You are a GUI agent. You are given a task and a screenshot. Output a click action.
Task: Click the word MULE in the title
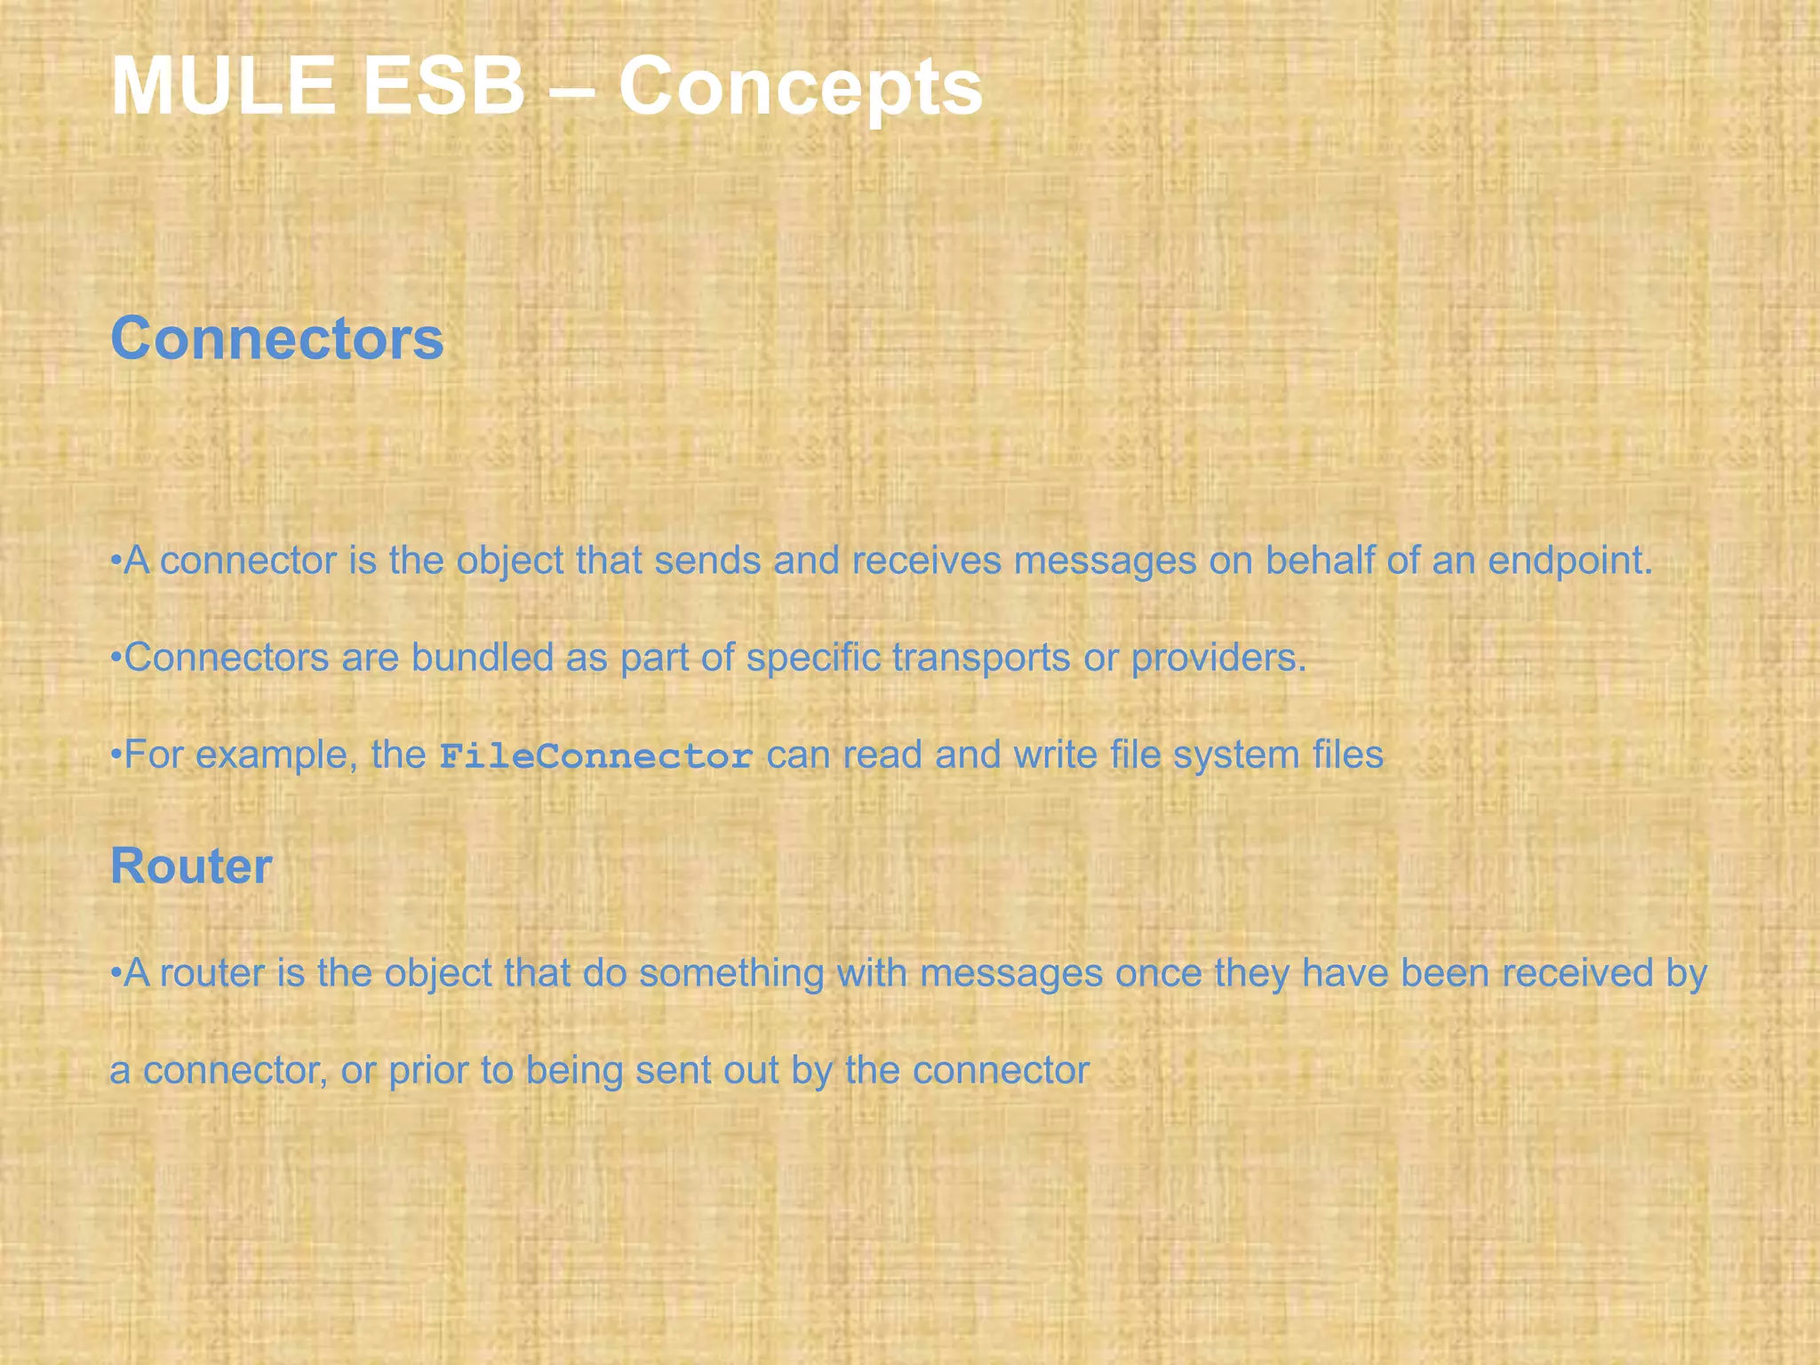pyautogui.click(x=222, y=86)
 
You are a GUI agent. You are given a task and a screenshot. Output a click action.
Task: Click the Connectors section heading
pyautogui.click(x=276, y=339)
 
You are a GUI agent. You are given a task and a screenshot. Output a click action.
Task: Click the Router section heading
pyautogui.click(x=190, y=866)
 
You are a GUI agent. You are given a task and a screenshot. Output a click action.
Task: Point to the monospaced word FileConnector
pyautogui.click(x=596, y=756)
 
